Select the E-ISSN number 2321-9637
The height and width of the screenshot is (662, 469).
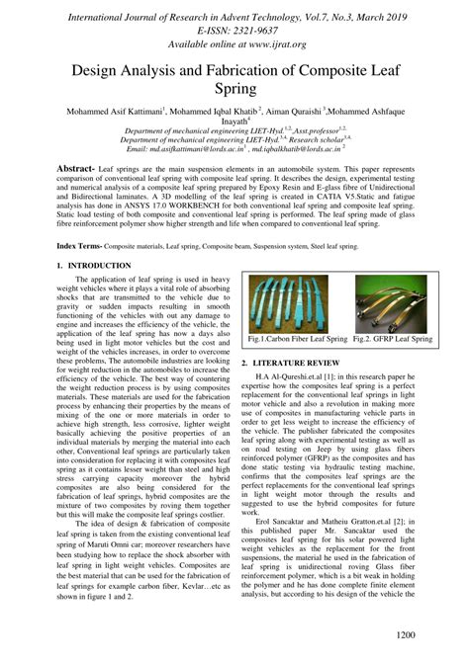pyautogui.click(x=258, y=30)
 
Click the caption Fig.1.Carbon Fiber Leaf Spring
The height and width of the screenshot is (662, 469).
pyautogui.click(x=297, y=339)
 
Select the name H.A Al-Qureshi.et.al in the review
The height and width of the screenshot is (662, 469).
pyautogui.click(x=303, y=376)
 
